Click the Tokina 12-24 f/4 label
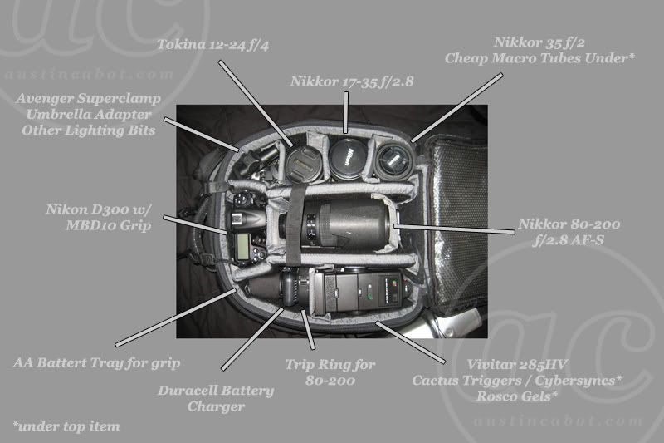pos(212,45)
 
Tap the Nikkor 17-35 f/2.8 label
pos(352,81)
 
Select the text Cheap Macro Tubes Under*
pos(539,58)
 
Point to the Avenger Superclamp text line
pos(89,98)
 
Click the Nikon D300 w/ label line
pos(98,209)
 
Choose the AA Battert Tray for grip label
pos(96,363)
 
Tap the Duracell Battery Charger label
pos(216,398)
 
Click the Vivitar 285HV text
pos(517,365)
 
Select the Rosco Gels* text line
pos(517,396)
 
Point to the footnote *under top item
pos(66,426)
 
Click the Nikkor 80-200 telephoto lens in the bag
pos(334,224)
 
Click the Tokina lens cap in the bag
pos(303,164)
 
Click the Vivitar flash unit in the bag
pos(362,292)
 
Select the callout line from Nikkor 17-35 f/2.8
pos(346,112)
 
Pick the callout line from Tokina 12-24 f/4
pos(256,103)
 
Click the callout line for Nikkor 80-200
pos(454,229)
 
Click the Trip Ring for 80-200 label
pos(330,372)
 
